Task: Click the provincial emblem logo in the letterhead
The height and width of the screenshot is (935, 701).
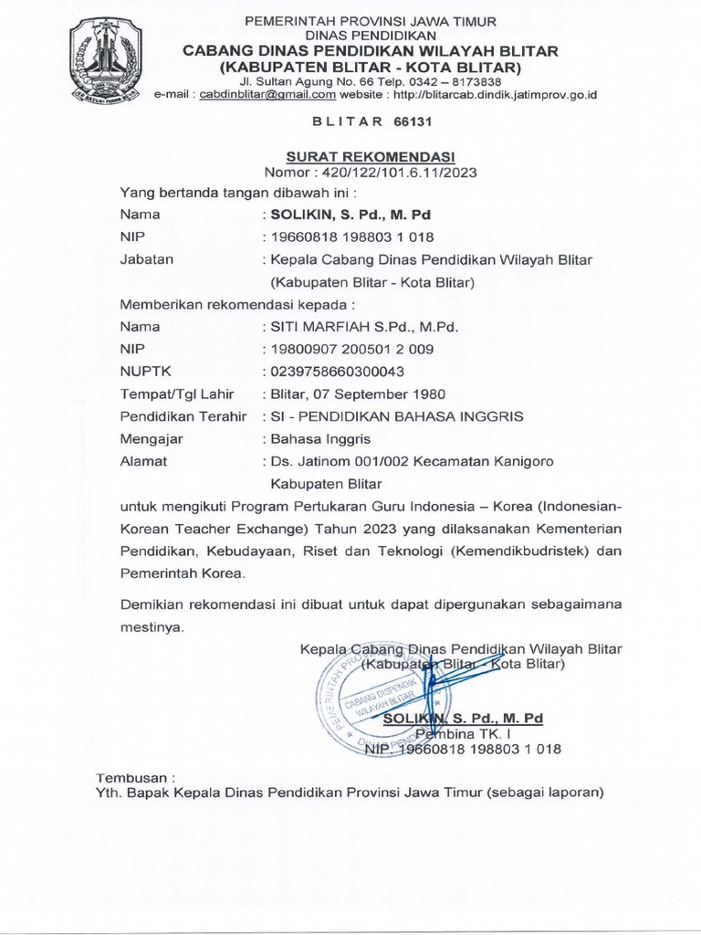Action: point(104,56)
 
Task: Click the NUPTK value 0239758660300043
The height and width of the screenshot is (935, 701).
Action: point(333,372)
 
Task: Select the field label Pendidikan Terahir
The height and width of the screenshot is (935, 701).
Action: point(184,415)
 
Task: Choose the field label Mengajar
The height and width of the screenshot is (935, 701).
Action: point(152,438)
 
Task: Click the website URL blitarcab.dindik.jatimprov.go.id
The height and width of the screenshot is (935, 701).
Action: point(493,94)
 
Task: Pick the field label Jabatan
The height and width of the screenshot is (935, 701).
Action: point(147,259)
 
